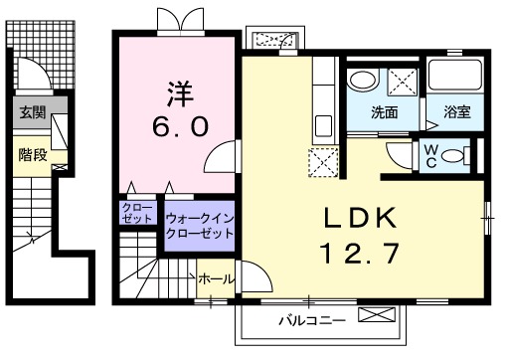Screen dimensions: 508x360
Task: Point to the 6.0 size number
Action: pos(180,127)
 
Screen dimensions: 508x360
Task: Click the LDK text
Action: pos(361,218)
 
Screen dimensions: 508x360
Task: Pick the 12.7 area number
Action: pos(360,253)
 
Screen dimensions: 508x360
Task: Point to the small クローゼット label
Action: pos(135,213)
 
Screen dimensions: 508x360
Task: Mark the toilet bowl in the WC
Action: pos(456,154)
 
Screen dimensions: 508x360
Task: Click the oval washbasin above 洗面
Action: pos(362,81)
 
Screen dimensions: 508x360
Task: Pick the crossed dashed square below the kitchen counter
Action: pos(324,162)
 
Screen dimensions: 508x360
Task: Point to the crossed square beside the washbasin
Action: pos(402,81)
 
